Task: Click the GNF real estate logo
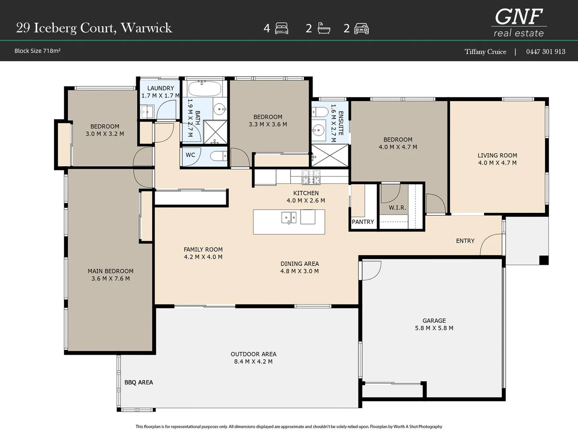[x=519, y=22]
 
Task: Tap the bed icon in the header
[x=281, y=28]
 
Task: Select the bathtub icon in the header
[x=324, y=28]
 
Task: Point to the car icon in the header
[x=361, y=28]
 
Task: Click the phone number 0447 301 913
[x=545, y=52]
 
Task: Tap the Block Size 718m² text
[x=37, y=51]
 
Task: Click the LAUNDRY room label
[x=161, y=88]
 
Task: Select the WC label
[x=190, y=155]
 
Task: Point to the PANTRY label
[x=363, y=222]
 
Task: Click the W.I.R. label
[x=397, y=208]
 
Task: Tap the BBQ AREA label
[x=138, y=382]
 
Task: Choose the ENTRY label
[x=465, y=241]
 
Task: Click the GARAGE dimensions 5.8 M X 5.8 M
[x=434, y=328]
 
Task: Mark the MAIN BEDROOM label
[x=111, y=271]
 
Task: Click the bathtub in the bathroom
[x=205, y=89]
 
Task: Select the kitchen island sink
[x=289, y=218]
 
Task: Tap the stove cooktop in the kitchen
[x=311, y=177]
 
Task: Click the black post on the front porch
[x=544, y=260]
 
